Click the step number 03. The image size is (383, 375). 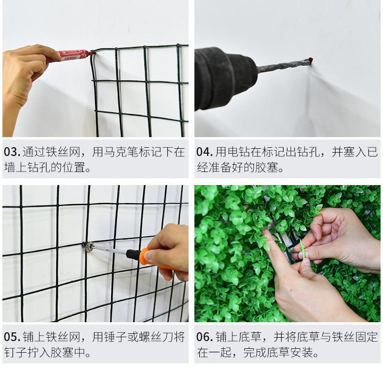(12, 152)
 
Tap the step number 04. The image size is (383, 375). (205, 152)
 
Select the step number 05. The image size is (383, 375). (12, 337)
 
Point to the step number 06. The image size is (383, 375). (205, 337)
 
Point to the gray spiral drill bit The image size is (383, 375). (283, 66)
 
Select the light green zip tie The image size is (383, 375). (303, 251)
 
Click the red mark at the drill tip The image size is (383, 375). (311, 60)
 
